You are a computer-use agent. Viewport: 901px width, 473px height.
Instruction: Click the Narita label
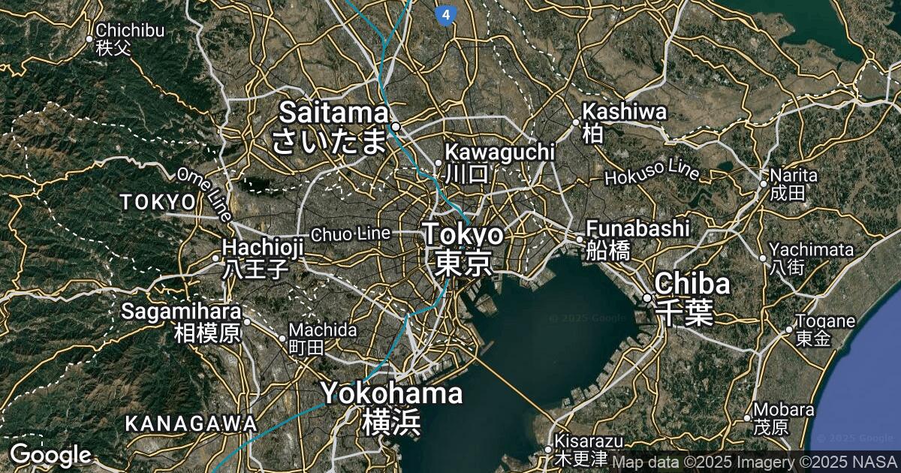793,183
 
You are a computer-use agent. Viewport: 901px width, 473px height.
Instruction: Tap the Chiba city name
692,297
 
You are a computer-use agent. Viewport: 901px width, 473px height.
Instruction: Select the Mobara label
783,417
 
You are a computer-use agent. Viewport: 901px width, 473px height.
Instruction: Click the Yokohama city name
391,406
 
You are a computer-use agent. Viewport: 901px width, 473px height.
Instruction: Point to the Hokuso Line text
652,173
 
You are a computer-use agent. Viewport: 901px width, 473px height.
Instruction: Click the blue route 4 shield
446,14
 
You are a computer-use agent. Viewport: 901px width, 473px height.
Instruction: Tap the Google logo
50,454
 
